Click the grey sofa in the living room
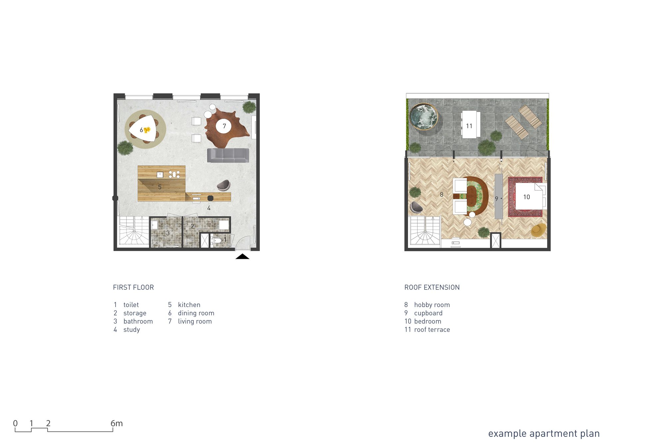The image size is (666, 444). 228,155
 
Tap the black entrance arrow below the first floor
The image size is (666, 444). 242,256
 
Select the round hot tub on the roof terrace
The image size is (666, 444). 424,117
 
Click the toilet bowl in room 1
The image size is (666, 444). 217,240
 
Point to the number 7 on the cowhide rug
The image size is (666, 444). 224,126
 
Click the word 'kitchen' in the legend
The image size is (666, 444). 189,305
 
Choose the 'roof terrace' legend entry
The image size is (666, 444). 432,330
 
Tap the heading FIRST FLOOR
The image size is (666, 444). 133,287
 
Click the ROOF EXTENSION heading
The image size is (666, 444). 432,287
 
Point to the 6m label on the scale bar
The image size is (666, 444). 117,423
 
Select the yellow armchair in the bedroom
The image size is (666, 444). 538,230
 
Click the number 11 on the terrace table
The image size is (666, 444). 469,126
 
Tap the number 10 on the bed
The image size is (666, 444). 526,197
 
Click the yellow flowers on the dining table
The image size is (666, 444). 147,130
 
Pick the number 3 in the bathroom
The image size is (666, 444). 168,233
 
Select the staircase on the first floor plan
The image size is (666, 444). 133,231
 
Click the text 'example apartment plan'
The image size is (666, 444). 544,434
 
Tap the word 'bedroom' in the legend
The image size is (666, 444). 428,321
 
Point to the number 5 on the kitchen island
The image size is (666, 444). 160,187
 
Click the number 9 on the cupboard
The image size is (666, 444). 497,199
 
